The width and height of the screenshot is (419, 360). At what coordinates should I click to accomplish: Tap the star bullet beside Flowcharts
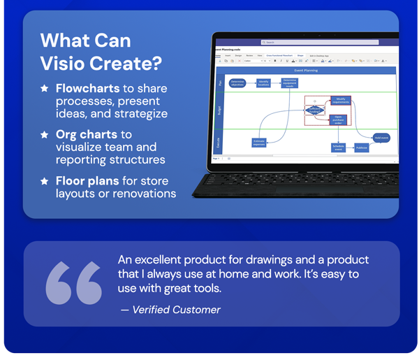pos(45,89)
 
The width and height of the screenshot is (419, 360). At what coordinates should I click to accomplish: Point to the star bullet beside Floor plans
pos(45,180)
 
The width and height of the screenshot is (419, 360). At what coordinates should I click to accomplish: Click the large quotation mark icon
pos(74,283)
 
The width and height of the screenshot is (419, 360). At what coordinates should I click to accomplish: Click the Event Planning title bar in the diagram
pos(307,70)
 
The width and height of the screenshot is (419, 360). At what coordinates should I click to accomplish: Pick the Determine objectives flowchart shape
pos(237,82)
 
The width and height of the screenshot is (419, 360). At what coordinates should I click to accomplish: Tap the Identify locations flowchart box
pos(263,82)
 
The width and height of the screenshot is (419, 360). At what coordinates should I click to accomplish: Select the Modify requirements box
pos(339,100)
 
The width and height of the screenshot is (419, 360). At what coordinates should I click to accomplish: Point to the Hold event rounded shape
pos(381,138)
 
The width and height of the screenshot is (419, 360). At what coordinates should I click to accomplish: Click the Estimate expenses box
pos(260,142)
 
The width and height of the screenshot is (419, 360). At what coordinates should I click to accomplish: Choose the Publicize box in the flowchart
pos(361,147)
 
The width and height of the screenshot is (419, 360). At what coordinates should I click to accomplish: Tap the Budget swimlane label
pos(221,110)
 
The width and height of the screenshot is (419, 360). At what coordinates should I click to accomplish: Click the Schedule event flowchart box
pos(338,147)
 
